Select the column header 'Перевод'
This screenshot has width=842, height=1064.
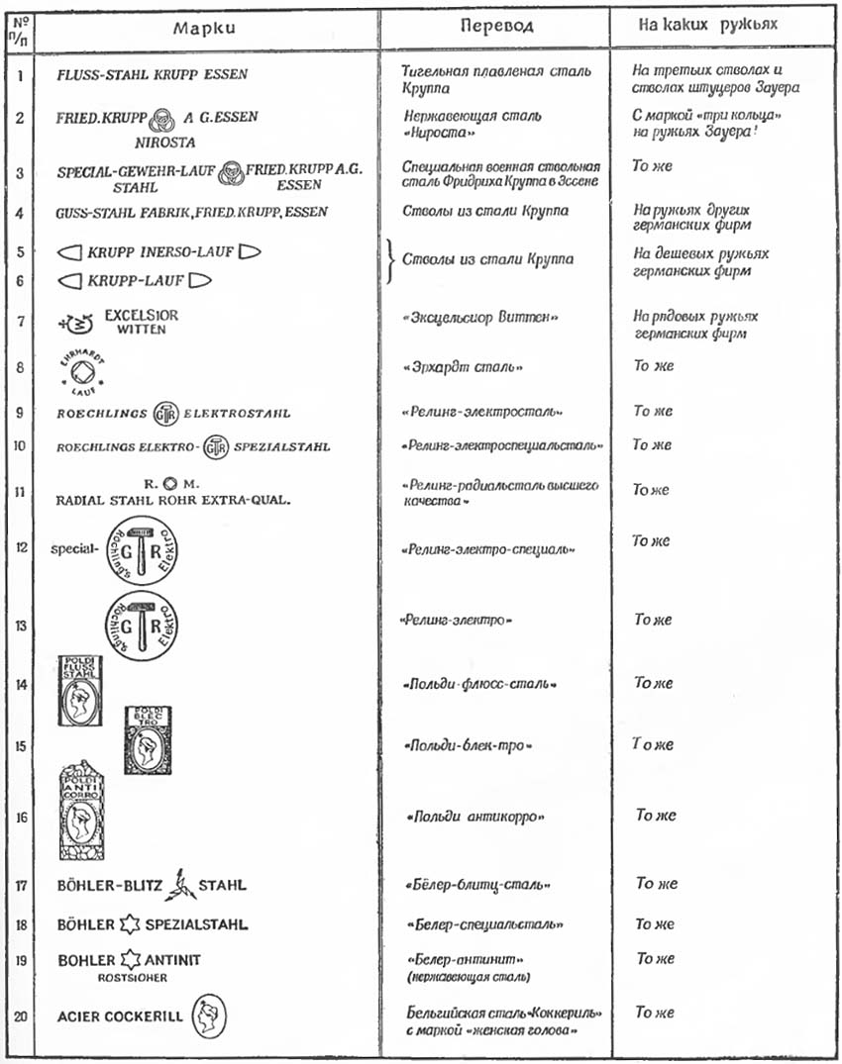click(x=496, y=26)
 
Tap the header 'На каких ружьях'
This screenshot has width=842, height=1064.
click(x=706, y=25)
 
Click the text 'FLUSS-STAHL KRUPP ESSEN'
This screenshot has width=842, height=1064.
click(x=153, y=75)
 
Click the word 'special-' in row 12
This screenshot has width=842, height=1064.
click(x=74, y=547)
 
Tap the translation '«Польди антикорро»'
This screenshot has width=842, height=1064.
click(x=476, y=818)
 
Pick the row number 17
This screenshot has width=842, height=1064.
click(x=20, y=885)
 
